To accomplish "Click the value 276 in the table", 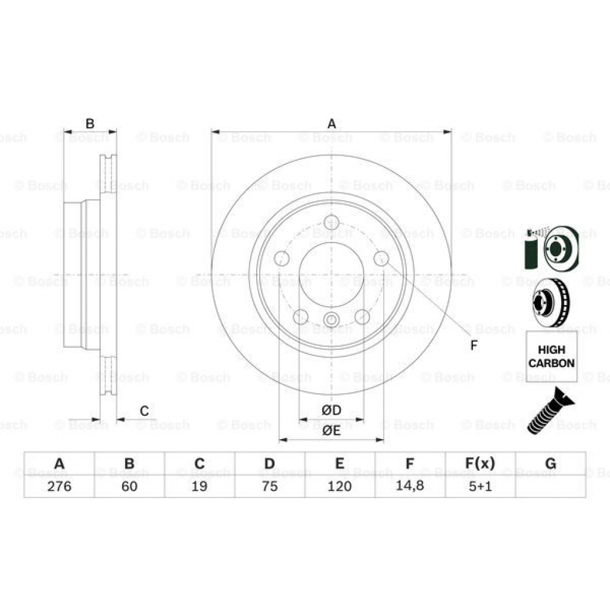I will [x=59, y=486].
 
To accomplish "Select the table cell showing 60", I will [x=129, y=486].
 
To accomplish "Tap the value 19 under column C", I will [x=200, y=486].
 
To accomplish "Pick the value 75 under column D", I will [x=270, y=486].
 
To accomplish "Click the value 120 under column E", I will [x=340, y=486].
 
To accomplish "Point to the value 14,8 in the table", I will [x=410, y=486].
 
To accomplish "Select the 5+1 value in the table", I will [x=480, y=486].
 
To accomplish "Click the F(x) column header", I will [x=480, y=463].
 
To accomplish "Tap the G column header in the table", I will [x=550, y=463].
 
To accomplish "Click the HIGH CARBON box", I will [x=552, y=356].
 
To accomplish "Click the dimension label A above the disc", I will [x=332, y=124].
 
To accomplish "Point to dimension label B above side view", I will [x=90, y=124].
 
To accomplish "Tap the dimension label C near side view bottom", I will [x=144, y=410].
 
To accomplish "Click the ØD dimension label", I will [x=331, y=410].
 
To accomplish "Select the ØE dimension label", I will [x=331, y=431].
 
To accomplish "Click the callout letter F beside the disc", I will [x=474, y=346].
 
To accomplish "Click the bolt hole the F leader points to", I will [x=381, y=259].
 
